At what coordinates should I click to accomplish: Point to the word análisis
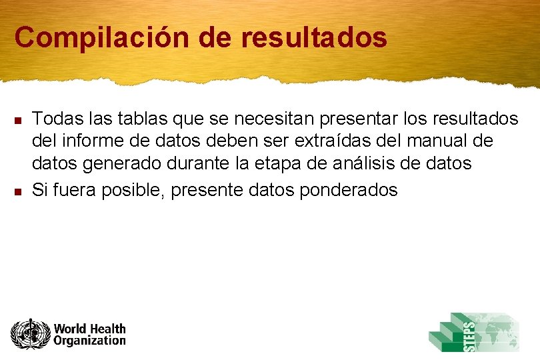click(x=365, y=163)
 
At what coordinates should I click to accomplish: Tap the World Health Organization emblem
click(x=30, y=334)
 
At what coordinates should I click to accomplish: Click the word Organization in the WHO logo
click(x=89, y=341)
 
